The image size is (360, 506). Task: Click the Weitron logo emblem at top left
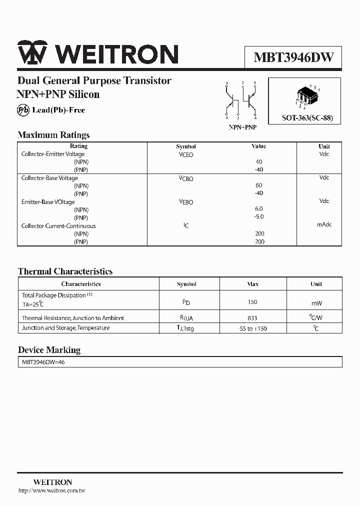coord(32,54)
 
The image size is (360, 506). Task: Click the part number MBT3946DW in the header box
coord(293,56)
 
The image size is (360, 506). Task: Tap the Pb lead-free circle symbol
coord(23,110)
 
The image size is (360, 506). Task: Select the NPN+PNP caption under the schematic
coord(242,127)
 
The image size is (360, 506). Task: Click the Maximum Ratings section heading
coord(53,135)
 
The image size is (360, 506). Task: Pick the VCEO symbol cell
coord(186,155)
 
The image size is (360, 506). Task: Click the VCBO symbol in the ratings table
coord(186,178)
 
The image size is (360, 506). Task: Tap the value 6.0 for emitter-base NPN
coord(258,208)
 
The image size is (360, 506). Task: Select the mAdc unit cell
coord(324,225)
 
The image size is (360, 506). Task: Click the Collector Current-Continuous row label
coord(58,226)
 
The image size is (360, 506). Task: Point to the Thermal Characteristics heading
coord(65,271)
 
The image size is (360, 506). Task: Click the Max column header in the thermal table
coord(253,284)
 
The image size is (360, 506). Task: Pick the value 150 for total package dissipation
coord(252,302)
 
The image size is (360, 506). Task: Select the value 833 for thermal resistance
coord(252,318)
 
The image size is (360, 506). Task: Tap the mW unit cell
coord(316,303)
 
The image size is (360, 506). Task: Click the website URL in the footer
coord(51,491)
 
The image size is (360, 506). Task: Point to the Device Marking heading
coord(49,350)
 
